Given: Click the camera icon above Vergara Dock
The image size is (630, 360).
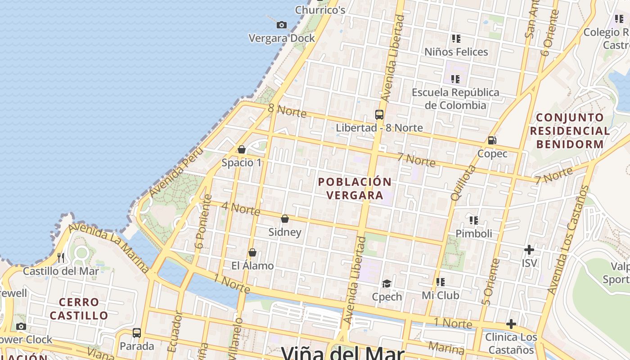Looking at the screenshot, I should (282, 25).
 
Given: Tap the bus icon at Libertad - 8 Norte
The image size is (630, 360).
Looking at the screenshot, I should (379, 115).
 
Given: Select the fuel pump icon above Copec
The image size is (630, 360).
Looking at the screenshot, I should (492, 140).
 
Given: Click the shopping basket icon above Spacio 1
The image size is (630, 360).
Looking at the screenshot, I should (242, 149).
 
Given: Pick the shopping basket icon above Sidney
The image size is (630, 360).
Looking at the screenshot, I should (285, 219).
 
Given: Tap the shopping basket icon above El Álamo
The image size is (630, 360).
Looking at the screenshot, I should (252, 252).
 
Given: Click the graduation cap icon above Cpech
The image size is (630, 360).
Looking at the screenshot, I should (387, 283).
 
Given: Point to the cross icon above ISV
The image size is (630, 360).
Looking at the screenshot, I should (529, 249).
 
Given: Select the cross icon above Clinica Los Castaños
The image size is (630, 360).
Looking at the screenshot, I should (511, 324).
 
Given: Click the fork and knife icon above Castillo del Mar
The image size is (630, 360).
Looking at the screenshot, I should (61, 257).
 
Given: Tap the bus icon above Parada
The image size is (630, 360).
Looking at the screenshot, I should (137, 333).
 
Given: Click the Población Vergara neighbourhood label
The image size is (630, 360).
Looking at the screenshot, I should (355, 189).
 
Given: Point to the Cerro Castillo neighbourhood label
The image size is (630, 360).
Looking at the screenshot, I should (79, 309).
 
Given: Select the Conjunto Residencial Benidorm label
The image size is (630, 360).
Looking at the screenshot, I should (570, 131).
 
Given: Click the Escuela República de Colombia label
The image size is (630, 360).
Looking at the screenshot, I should (455, 99).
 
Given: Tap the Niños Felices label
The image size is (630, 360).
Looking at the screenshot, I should (456, 52).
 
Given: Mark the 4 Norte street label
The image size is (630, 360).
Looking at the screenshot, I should (241, 209).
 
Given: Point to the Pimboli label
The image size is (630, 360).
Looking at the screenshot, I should (474, 234).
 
